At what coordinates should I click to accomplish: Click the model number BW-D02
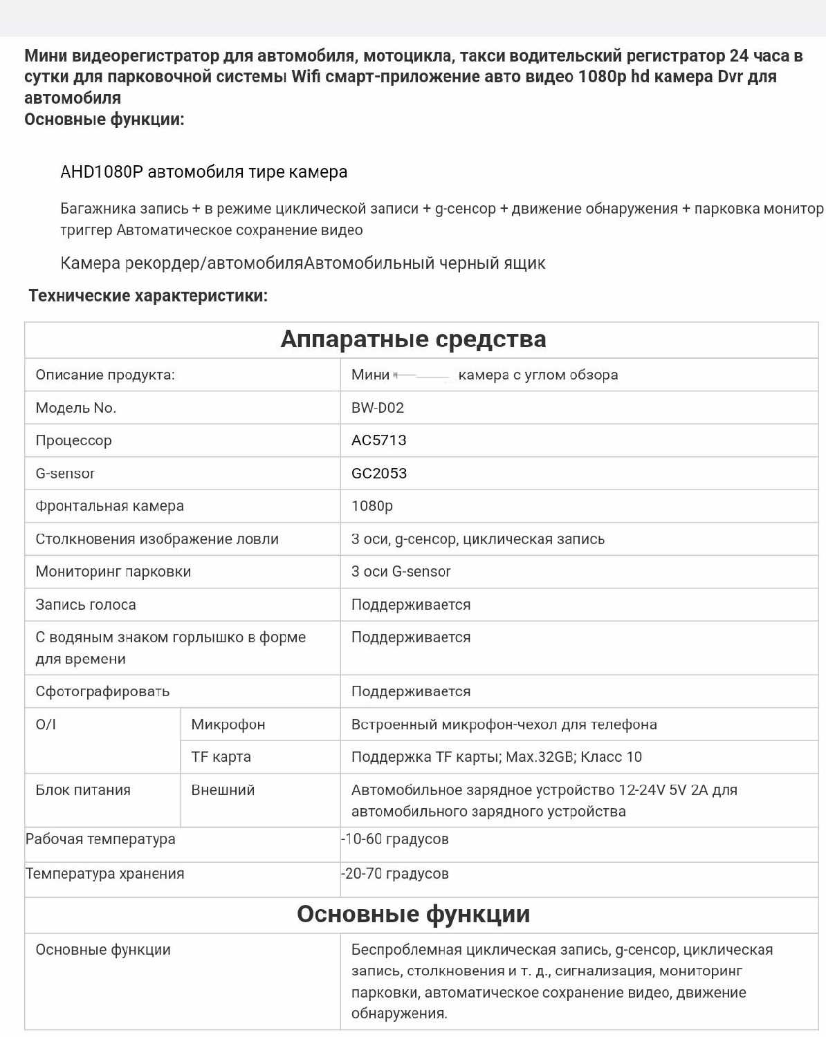pyautogui.click(x=377, y=408)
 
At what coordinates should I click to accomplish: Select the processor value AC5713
pyautogui.click(x=378, y=440)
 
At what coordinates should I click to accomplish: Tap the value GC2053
pyautogui.click(x=378, y=474)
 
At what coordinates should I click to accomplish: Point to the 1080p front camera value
pyautogui.click(x=371, y=506)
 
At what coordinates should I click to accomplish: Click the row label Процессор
pyautogui.click(x=73, y=440)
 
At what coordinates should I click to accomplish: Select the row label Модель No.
pyautogui.click(x=75, y=408)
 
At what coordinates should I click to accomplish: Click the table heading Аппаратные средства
pyautogui.click(x=413, y=339)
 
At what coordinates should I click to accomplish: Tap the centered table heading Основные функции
pyautogui.click(x=413, y=914)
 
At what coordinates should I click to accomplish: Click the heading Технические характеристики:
pyautogui.click(x=148, y=296)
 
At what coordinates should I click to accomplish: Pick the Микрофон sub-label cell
pyautogui.click(x=228, y=725)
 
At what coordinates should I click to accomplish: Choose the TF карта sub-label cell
pyautogui.click(x=221, y=757)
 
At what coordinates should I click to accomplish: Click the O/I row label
pyautogui.click(x=46, y=725)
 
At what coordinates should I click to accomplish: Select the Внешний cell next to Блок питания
pyautogui.click(x=223, y=790)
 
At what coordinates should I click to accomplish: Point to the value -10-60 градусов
pyautogui.click(x=395, y=839)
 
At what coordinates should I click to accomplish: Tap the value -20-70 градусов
pyautogui.click(x=395, y=874)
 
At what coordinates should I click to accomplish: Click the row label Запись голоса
pyautogui.click(x=86, y=605)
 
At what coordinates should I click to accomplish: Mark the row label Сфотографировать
pyautogui.click(x=102, y=691)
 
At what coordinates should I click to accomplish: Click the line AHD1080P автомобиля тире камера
pyautogui.click(x=203, y=172)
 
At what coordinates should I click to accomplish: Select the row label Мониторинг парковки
pyautogui.click(x=113, y=572)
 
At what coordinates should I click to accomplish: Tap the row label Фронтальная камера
pyautogui.click(x=109, y=506)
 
